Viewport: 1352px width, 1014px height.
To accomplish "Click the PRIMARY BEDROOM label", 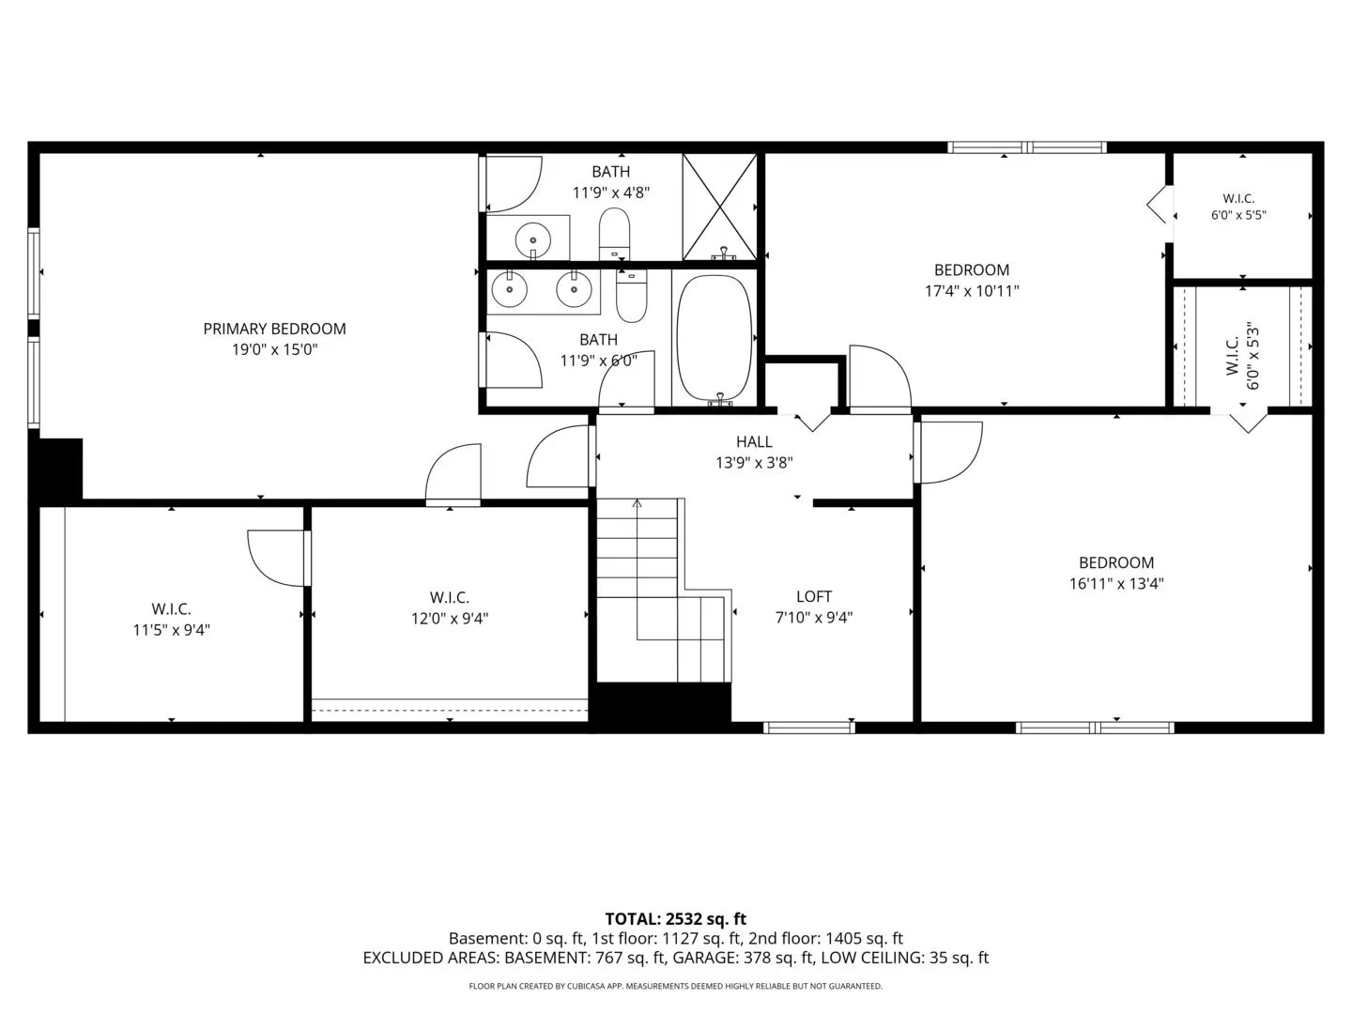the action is coord(274,329).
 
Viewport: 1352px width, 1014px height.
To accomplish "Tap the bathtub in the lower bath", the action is coord(714,338).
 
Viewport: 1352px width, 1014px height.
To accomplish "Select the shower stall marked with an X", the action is coord(719,207).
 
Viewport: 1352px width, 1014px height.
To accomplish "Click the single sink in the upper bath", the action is coord(532,239).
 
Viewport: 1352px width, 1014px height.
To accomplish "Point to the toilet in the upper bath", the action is coord(615,234).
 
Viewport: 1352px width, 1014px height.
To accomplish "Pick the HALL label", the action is coord(754,441).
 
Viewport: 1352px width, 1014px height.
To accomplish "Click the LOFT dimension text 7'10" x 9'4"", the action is coord(814,617).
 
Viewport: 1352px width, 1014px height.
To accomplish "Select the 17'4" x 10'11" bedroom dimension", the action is coord(972,291).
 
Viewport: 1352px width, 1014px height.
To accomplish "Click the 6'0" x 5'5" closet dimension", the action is coord(1238,215).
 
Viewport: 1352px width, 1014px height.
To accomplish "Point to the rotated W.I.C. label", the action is coord(1232,355).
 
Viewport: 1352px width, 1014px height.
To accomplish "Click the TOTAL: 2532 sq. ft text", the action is coord(676,919).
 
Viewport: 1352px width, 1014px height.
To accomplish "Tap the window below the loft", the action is coord(808,728).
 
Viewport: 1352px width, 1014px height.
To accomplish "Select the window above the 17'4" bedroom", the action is coord(1027,147).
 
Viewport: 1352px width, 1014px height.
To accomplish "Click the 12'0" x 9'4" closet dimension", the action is coord(450,618).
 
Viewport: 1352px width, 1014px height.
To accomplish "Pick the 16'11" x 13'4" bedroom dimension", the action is coord(1116,583).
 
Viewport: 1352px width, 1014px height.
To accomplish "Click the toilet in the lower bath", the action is coord(631,297).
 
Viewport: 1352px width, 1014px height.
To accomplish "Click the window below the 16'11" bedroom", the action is coord(1095,728).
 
